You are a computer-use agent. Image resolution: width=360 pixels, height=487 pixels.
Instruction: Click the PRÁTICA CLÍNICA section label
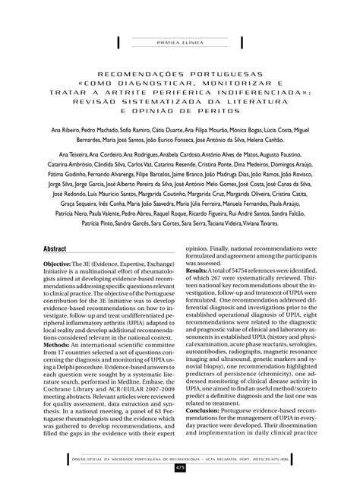tap(179, 43)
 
